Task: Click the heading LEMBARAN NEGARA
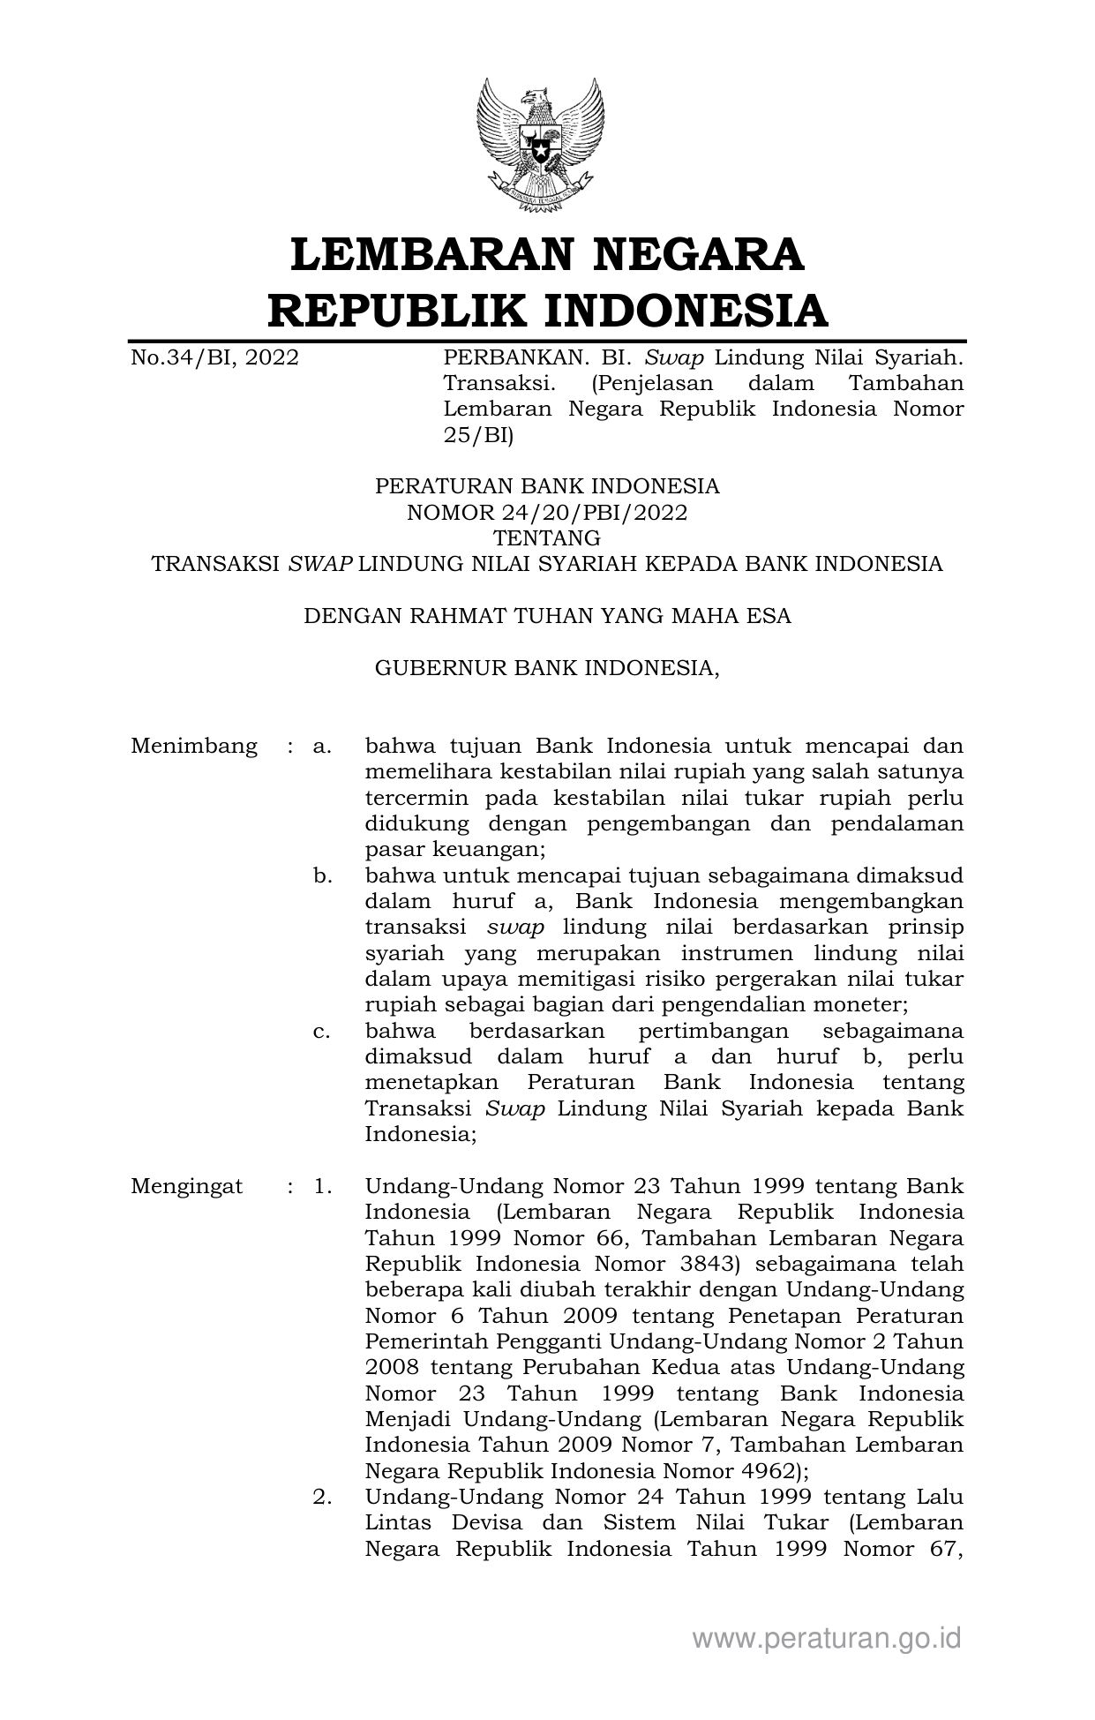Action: pyautogui.click(x=546, y=253)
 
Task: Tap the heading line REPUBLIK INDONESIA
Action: pyautogui.click(x=546, y=310)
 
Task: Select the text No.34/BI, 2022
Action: pyautogui.click(x=214, y=357)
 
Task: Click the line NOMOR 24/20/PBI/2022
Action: pyautogui.click(x=546, y=512)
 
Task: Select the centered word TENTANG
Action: pyautogui.click(x=546, y=537)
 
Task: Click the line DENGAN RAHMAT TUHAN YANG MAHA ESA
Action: pyautogui.click(x=546, y=616)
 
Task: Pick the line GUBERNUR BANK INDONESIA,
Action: pyautogui.click(x=546, y=668)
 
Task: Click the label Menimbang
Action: pyautogui.click(x=194, y=747)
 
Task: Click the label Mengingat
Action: pyautogui.click(x=186, y=1186)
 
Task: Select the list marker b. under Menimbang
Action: pyautogui.click(x=322, y=876)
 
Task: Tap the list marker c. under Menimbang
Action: pyautogui.click(x=322, y=1031)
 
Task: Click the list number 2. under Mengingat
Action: pyautogui.click(x=322, y=1497)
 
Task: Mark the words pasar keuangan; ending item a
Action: pyautogui.click(x=455, y=850)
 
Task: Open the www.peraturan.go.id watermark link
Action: pyautogui.click(x=826, y=1639)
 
